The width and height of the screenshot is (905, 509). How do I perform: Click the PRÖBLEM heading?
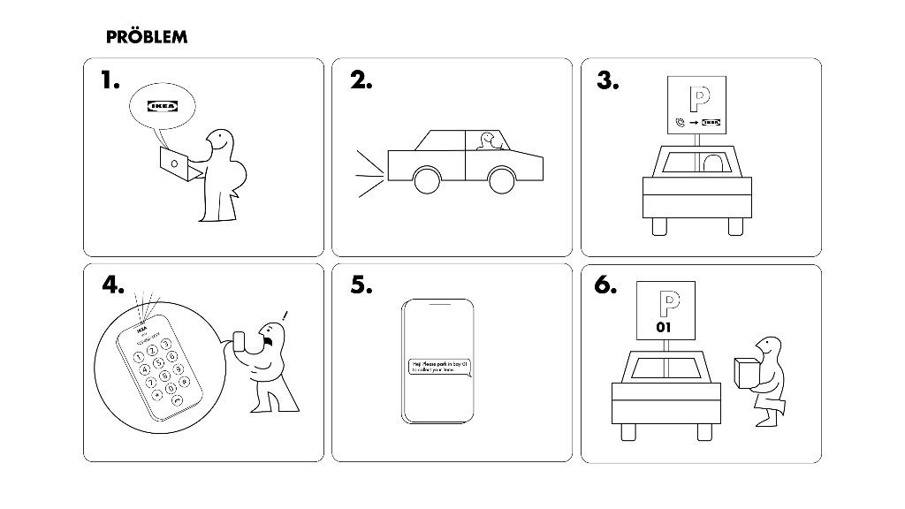[146, 37]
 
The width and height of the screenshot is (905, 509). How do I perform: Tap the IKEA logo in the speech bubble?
[162, 107]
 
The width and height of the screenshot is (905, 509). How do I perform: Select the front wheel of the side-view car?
[427, 180]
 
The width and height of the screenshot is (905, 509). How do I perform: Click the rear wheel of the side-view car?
[502, 180]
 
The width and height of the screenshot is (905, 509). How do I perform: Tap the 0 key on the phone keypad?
[171, 389]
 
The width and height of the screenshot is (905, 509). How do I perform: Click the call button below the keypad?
[178, 401]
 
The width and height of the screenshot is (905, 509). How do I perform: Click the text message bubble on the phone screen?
[438, 368]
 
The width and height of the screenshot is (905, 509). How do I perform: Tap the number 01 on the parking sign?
[665, 327]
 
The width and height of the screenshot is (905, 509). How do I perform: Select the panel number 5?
[361, 285]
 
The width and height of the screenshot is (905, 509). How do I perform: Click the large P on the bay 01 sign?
[665, 302]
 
